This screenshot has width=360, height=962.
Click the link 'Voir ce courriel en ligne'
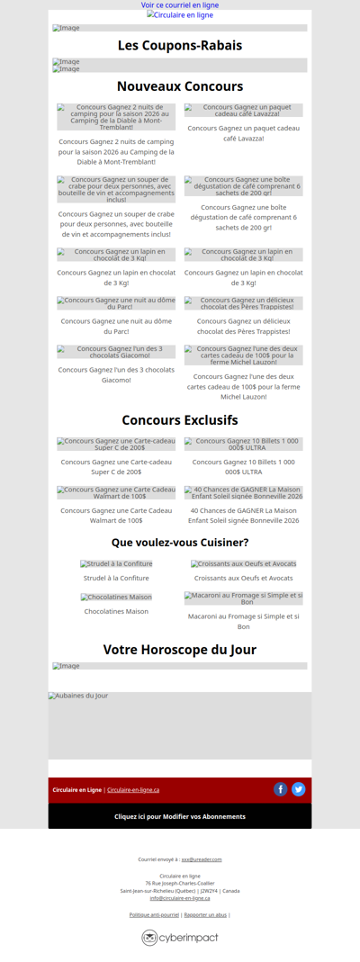pyautogui.click(x=180, y=5)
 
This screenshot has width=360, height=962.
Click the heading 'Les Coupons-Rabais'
pyautogui.click(x=180, y=46)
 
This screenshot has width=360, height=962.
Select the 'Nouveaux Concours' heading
pyautogui.click(x=180, y=86)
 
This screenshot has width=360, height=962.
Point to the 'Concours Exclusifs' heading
pyautogui.click(x=180, y=420)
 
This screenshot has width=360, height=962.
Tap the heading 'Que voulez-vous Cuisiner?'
pyautogui.click(x=180, y=543)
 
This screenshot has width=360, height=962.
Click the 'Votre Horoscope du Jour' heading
pyautogui.click(x=180, y=650)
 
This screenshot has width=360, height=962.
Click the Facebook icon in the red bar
pyautogui.click(x=281, y=789)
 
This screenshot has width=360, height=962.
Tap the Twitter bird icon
pyautogui.click(x=299, y=789)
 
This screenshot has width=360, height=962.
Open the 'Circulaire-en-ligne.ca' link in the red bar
pyautogui.click(x=133, y=790)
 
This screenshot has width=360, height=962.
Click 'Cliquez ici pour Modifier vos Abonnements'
pyautogui.click(x=180, y=816)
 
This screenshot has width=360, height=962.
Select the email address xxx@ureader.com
pyautogui.click(x=201, y=859)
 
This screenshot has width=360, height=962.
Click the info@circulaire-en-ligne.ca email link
pyautogui.click(x=180, y=898)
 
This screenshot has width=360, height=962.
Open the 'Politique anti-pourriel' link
pyautogui.click(x=154, y=914)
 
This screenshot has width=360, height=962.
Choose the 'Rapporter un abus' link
pyautogui.click(x=205, y=914)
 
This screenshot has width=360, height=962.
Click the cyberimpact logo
pyautogui.click(x=180, y=938)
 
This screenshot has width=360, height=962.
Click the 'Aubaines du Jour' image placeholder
pyautogui.click(x=180, y=725)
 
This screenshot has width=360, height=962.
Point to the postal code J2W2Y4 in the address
pyautogui.click(x=209, y=891)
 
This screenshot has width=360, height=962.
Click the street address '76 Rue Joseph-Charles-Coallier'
pyautogui.click(x=180, y=884)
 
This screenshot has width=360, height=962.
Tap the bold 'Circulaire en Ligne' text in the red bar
pyautogui.click(x=76, y=790)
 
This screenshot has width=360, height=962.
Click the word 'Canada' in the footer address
pyautogui.click(x=231, y=891)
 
